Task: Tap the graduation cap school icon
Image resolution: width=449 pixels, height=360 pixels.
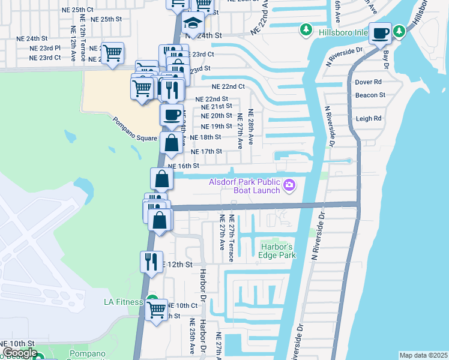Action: point(193,24)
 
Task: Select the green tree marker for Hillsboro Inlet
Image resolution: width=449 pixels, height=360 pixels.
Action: point(306,29)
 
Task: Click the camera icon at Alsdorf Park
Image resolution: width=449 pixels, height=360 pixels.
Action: point(289,185)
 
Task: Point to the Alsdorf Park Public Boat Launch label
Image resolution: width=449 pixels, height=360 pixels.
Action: point(245,186)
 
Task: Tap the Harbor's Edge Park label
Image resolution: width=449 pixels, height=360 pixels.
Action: point(278,251)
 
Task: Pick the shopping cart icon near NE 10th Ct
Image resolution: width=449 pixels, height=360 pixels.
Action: point(156,310)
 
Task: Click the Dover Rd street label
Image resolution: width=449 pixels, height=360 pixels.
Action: point(369,82)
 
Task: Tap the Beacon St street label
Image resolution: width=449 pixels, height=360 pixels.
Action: point(370,95)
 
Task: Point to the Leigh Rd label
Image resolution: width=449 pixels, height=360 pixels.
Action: point(369,119)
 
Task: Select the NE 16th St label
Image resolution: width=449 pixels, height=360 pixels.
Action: point(183,166)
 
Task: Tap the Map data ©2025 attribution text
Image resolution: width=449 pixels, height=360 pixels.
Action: point(423,355)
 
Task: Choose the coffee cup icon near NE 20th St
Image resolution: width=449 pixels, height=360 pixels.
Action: point(172,114)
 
